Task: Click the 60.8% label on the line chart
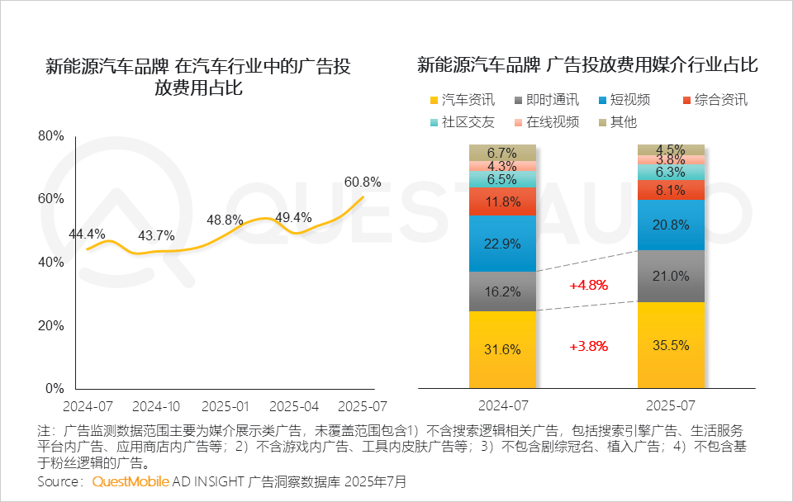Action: (363, 182)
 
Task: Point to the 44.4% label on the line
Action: (88, 234)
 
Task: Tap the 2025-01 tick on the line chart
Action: (225, 407)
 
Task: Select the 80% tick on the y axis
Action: (51, 136)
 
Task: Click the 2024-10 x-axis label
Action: (156, 407)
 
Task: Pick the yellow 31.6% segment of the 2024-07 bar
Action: (502, 349)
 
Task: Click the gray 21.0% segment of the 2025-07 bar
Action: (671, 276)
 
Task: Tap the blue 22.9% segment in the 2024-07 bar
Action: (502, 244)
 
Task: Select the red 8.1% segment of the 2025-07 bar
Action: (671, 190)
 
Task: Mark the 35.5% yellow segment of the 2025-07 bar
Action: (671, 345)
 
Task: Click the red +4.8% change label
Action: (588, 286)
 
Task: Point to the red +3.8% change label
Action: (588, 347)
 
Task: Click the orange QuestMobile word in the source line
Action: (131, 481)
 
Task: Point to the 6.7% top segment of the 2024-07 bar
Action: (502, 153)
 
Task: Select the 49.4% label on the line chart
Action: (292, 218)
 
